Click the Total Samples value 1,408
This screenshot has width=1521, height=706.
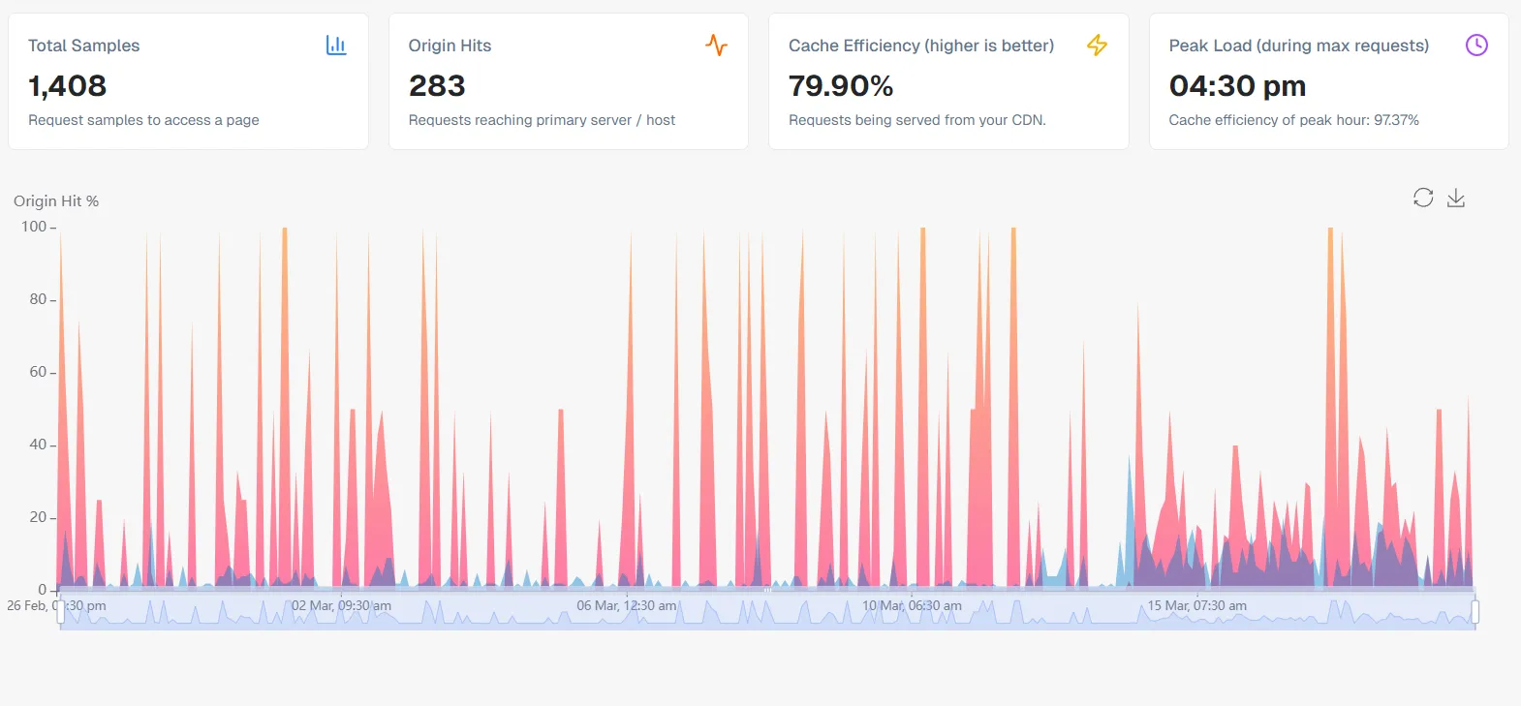67,86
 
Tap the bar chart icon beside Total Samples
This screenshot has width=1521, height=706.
336,46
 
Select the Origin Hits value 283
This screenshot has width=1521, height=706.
437,86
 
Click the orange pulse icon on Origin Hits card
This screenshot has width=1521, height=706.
716,46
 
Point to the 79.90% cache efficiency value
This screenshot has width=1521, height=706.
840,86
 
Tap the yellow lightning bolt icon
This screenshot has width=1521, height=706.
1097,46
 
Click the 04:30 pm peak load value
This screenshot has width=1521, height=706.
1237,86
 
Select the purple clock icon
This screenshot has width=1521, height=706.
1476,46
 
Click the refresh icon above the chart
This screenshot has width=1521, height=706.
1423,198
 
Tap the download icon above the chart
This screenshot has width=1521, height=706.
1456,198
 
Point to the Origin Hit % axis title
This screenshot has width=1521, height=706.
56,201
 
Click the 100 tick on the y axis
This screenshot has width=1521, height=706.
34,227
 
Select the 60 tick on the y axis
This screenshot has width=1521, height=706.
38,372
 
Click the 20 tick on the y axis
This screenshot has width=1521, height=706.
38,517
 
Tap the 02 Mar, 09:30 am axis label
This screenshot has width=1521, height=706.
341,606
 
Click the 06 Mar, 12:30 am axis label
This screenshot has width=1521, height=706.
626,606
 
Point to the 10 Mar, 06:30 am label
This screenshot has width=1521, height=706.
912,606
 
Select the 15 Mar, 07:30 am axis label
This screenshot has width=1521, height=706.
1196,606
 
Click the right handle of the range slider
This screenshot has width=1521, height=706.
1475,612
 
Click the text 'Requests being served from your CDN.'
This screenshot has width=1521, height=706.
916,120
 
